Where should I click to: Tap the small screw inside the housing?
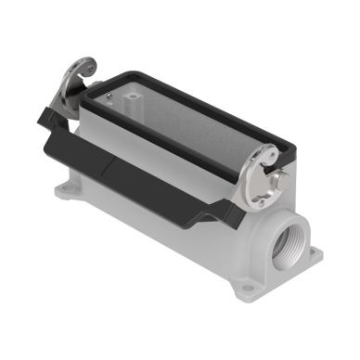pos(110,92)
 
